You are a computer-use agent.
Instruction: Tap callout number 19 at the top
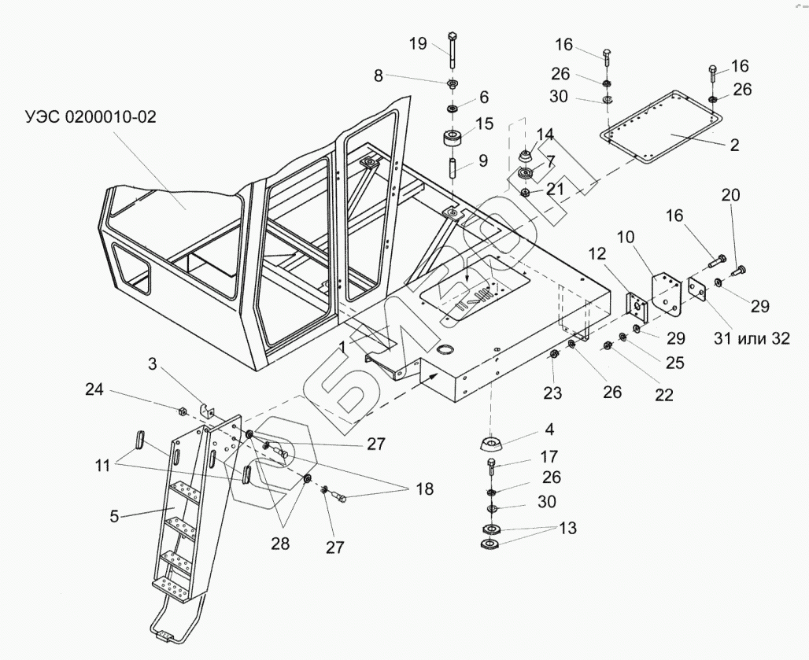click(419, 42)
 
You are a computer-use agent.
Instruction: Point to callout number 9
click(482, 162)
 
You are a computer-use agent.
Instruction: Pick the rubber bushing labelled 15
click(453, 139)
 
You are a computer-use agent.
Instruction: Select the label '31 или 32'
click(751, 339)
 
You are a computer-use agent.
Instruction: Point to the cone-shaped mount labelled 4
click(492, 444)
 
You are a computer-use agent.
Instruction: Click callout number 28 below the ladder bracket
click(280, 544)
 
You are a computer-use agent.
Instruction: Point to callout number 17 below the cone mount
click(549, 456)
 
